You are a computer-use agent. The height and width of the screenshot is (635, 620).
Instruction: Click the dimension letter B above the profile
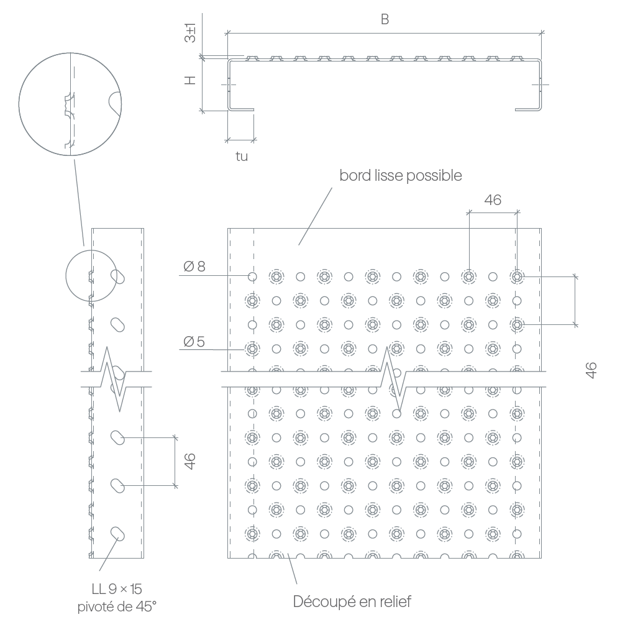(x=385, y=19)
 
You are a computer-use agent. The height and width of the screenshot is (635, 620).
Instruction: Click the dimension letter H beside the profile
(x=190, y=80)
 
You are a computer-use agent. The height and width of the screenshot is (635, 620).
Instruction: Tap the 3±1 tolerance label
(x=190, y=33)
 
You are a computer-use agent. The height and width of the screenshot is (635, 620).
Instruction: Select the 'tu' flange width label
(x=242, y=157)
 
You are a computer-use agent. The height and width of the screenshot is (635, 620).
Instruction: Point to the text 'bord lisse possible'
(x=401, y=175)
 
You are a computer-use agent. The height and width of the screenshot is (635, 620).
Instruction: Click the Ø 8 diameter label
(x=194, y=267)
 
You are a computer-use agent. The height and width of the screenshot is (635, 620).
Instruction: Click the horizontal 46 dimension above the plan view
(x=493, y=199)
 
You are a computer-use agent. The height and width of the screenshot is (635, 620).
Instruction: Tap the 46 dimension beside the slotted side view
(x=189, y=462)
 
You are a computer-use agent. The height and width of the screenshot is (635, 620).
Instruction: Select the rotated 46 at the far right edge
(x=591, y=370)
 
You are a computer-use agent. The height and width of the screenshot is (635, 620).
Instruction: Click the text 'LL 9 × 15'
(x=117, y=589)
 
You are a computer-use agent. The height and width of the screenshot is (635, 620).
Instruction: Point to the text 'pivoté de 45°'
(x=117, y=606)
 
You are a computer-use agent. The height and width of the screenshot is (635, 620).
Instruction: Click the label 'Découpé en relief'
(x=352, y=601)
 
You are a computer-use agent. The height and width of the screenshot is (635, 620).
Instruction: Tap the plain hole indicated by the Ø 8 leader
(x=252, y=276)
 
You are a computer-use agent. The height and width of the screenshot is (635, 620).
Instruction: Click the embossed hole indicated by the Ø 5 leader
(x=252, y=349)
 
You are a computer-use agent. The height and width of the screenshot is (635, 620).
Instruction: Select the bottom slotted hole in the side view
(x=118, y=533)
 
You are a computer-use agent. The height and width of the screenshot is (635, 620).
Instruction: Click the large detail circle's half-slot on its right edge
(x=115, y=104)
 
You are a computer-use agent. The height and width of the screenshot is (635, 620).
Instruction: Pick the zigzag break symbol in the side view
(x=116, y=379)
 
